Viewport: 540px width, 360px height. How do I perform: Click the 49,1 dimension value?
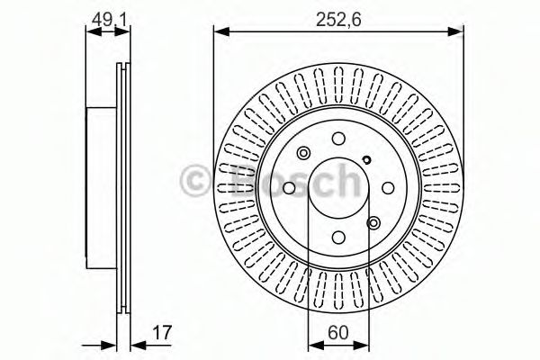[108, 20]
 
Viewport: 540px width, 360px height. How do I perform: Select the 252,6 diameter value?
[338, 20]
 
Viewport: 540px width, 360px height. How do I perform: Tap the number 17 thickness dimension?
[162, 333]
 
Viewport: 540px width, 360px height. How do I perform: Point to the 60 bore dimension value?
[338, 333]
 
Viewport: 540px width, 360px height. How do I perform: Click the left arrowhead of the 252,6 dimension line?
[221, 32]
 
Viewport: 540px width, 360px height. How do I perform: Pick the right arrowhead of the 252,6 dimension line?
[455, 32]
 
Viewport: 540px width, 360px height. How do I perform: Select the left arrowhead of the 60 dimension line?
[316, 346]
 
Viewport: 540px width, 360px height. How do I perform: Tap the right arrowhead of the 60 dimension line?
[361, 346]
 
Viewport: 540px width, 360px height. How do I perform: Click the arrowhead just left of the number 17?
[139, 346]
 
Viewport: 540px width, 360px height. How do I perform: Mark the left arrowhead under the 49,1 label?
[94, 32]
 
